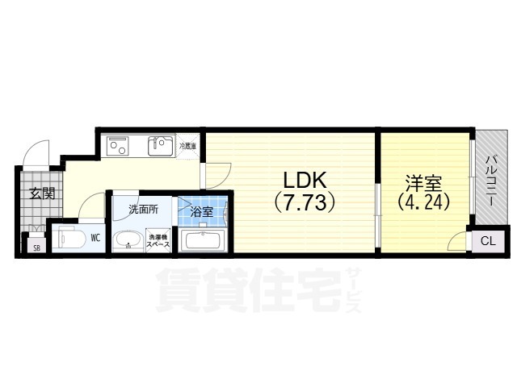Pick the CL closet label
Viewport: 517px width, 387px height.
(x=487, y=241)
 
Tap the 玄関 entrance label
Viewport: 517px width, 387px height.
(x=42, y=193)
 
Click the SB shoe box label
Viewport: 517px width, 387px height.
(x=36, y=247)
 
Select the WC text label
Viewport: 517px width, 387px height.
(x=95, y=238)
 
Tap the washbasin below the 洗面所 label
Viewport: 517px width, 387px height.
(x=127, y=240)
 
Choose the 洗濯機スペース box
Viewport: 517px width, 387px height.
(x=157, y=240)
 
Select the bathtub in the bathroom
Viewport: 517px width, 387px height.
(x=204, y=240)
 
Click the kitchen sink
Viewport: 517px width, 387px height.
(x=158, y=147)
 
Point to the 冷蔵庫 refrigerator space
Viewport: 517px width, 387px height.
(x=187, y=146)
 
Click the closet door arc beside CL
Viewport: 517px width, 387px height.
(x=459, y=239)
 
